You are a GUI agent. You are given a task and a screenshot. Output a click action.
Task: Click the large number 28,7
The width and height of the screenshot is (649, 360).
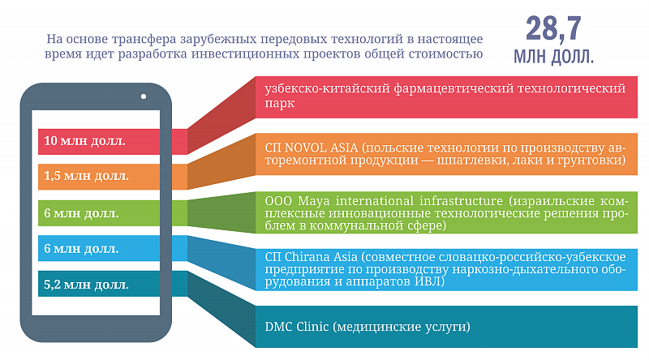point(553,28)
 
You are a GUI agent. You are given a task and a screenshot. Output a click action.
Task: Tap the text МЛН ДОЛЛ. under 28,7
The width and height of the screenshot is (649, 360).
point(553,57)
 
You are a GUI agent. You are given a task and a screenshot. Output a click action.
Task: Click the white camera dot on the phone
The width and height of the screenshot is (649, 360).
point(144,96)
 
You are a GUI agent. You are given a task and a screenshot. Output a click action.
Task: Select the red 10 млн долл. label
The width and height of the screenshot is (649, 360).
point(84,141)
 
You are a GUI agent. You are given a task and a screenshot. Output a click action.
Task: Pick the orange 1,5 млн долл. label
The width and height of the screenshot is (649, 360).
point(86,176)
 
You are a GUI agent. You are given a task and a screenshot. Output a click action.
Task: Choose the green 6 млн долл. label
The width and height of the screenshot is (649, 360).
point(81,213)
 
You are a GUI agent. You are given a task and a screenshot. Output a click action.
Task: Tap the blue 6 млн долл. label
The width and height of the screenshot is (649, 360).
point(81,249)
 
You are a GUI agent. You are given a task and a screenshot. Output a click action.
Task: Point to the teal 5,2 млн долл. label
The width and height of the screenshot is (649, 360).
point(86,285)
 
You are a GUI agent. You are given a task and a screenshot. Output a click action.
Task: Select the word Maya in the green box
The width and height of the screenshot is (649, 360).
point(314,202)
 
